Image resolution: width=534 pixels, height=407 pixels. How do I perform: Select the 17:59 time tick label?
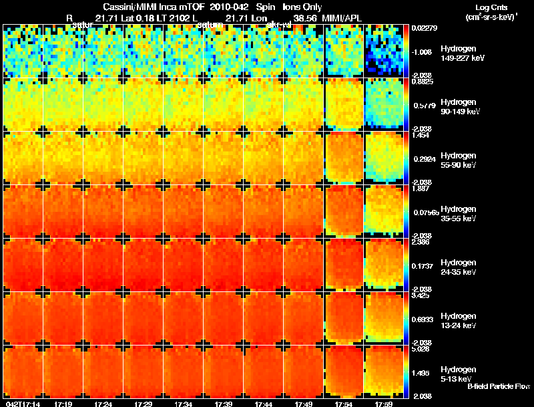[x=383, y=404]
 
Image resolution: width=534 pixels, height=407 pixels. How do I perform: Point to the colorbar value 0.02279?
[x=424, y=27]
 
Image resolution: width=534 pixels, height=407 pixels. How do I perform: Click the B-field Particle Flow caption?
[x=499, y=386]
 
